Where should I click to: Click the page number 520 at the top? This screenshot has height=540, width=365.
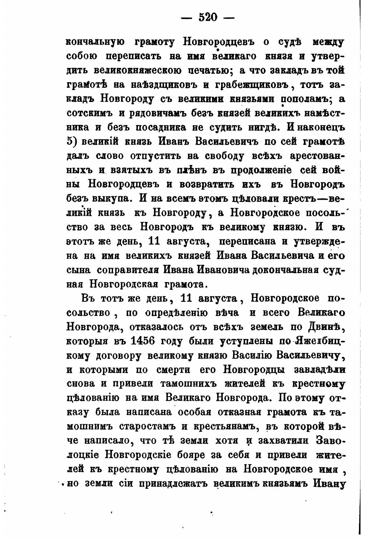(208, 17)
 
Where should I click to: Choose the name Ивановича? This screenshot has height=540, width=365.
(223, 270)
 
